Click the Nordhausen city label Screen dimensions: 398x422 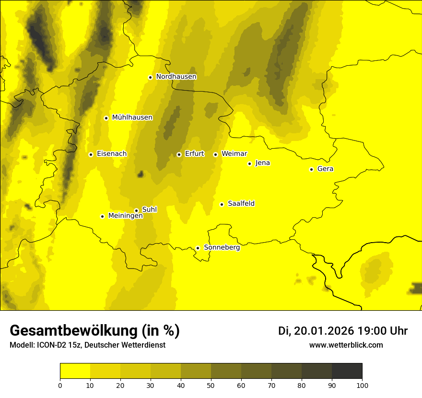[176, 77]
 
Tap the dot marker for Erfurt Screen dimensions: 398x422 [179, 154]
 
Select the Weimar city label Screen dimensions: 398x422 [234, 154]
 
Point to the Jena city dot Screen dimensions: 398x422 [249, 164]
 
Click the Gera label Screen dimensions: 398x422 [325, 169]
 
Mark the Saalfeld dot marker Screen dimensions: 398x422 [222, 204]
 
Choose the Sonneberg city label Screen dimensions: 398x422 [222, 247]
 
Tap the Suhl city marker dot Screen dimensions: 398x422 [136, 211]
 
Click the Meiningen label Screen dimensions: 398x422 [125, 216]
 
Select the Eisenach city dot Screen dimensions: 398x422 [91, 154]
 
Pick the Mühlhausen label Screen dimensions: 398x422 [132, 117]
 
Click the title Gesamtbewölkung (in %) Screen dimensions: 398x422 [94, 331]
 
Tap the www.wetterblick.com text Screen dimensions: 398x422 [346, 345]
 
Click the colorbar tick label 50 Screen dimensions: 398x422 [211, 385]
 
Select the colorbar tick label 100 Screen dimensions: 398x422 [362, 385]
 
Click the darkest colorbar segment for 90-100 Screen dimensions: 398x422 [347, 371]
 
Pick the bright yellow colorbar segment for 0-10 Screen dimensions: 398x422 [75, 371]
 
